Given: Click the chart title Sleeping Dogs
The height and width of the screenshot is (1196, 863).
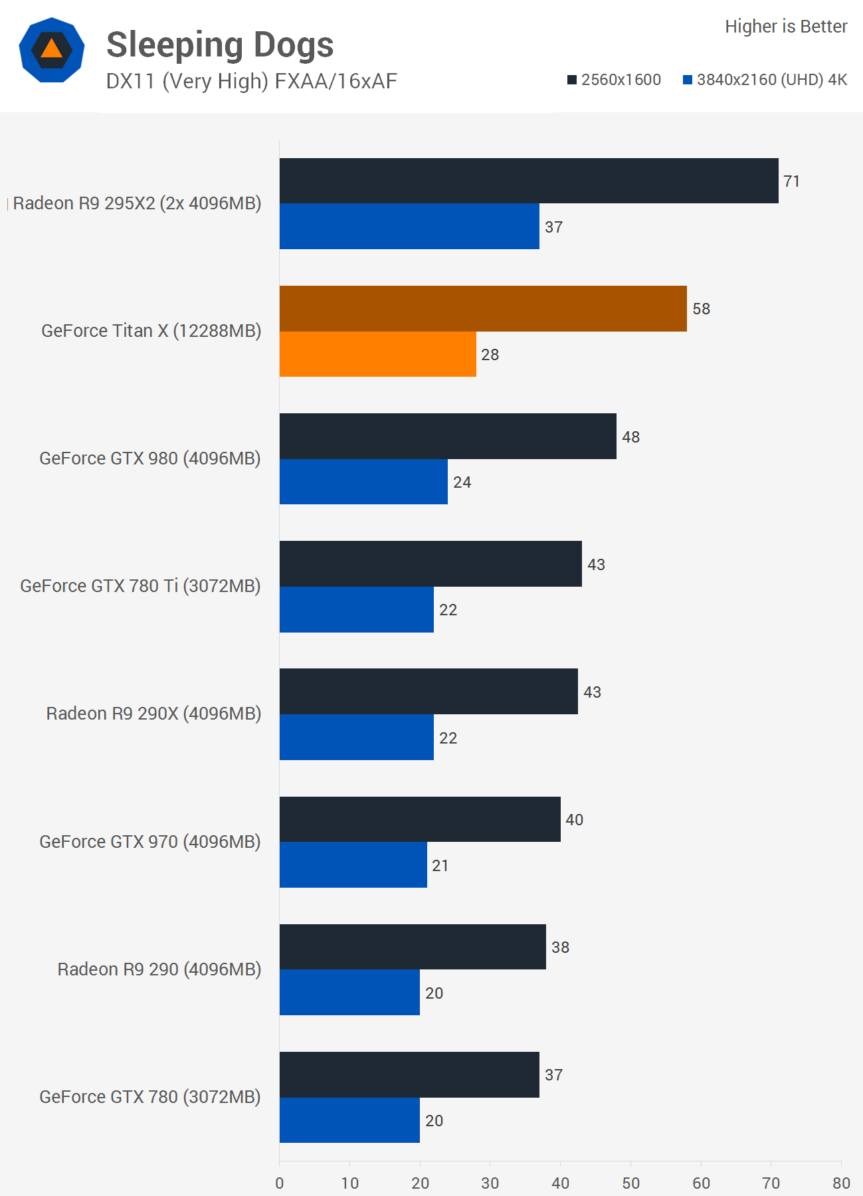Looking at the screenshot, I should tap(220, 45).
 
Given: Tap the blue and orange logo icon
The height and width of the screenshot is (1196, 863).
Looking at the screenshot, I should tap(52, 50).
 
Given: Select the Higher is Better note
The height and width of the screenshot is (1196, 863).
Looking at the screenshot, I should tap(786, 27).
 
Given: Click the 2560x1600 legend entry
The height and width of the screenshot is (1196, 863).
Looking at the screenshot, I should tap(615, 80).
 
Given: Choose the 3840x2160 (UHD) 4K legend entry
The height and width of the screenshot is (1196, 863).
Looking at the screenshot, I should tap(765, 80).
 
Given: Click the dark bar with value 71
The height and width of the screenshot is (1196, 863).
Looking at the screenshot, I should tap(529, 181).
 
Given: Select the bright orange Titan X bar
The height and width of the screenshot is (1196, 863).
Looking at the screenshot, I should tap(378, 354).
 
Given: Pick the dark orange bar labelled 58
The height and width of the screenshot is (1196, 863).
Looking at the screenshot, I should tap(483, 308).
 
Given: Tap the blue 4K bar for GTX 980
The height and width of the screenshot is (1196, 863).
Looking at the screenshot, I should tap(363, 482).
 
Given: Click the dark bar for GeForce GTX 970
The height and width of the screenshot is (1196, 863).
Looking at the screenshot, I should tap(420, 819).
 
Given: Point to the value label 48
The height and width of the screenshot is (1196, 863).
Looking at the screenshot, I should tap(631, 437).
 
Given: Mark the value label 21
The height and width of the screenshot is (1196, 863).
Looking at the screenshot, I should tap(440, 866).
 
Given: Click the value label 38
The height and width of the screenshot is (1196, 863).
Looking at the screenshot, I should tap(561, 947).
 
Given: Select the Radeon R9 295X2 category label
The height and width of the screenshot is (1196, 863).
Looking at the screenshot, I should tap(137, 203).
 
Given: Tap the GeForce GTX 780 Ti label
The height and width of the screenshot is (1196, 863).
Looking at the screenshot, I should tap(140, 586).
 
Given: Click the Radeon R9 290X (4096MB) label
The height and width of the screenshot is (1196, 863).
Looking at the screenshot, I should tap(153, 714).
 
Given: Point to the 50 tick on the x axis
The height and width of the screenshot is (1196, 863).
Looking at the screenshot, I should tap(631, 1183).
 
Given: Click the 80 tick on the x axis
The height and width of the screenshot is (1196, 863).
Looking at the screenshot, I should tap(841, 1183).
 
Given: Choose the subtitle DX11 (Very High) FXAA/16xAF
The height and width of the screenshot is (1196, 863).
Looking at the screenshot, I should tap(252, 81).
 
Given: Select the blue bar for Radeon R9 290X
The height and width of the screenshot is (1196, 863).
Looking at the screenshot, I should tap(357, 738).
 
